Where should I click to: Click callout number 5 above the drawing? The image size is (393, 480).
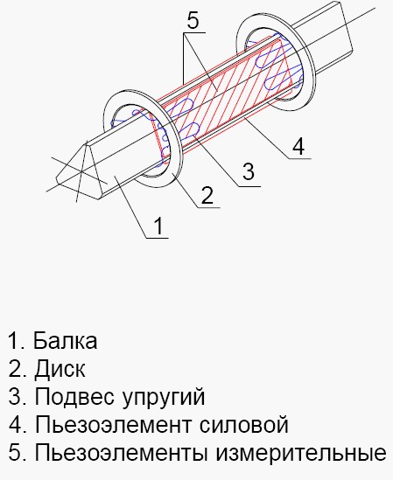click(193, 21)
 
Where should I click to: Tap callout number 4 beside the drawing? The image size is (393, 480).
click(298, 146)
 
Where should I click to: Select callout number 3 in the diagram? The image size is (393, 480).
click(249, 171)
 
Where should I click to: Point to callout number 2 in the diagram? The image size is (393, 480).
click(207, 195)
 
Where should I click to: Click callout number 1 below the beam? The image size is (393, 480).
click(158, 226)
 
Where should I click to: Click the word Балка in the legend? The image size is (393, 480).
click(66, 340)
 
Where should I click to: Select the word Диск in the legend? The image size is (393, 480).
click(60, 369)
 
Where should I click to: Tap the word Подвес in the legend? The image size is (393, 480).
click(74, 396)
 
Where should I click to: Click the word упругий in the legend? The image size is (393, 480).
click(164, 397)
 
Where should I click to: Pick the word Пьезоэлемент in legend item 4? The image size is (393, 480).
click(114, 425)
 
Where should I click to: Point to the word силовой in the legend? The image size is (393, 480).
click(244, 425)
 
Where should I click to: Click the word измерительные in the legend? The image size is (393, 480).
click(300, 452)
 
